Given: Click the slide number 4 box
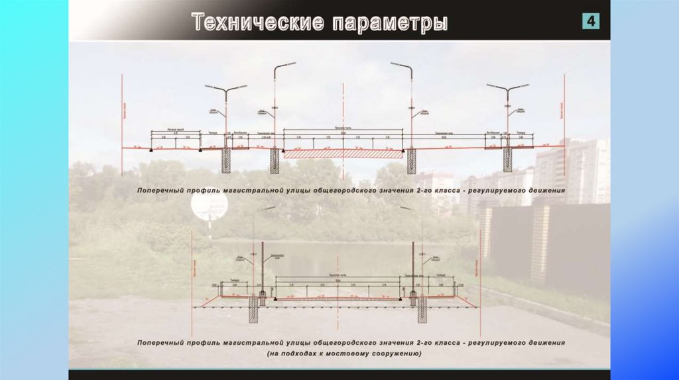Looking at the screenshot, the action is (x=591, y=21).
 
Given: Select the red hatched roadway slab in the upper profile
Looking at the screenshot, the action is (x=343, y=154).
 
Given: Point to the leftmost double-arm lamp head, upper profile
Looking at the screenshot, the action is (x=225, y=87).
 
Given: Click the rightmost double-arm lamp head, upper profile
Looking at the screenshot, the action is (x=508, y=87).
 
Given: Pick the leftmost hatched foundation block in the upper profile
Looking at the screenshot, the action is (x=226, y=160).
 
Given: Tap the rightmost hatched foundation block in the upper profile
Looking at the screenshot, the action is (x=509, y=160).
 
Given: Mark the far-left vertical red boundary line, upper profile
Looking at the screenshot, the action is (x=123, y=113).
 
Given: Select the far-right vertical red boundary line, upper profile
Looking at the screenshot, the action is (x=564, y=113).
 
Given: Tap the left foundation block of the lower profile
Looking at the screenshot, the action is (x=253, y=309).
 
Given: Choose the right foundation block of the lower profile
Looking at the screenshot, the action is (x=421, y=309).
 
